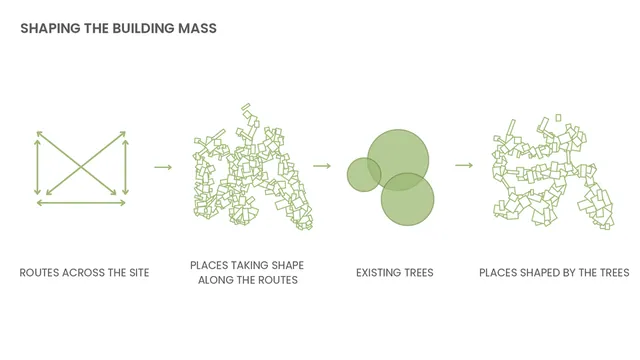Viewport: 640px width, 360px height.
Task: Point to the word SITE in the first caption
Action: pos(139,273)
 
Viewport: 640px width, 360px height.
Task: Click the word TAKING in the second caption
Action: pos(248,265)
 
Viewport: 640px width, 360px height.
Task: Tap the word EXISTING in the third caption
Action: pos(376,273)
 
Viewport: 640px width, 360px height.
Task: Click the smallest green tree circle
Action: pos(364,175)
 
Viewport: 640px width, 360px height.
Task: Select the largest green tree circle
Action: pos(398,160)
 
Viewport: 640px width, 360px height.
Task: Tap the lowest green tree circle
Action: pos(407,199)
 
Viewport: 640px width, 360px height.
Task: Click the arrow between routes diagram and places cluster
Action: pos(163,167)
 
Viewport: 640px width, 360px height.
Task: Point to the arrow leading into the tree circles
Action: pos(322,166)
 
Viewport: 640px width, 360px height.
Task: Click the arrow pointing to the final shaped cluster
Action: pos(464,165)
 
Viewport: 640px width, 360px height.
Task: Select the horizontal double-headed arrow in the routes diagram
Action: pos(81,203)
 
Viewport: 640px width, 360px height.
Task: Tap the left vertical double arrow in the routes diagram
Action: pos(38,167)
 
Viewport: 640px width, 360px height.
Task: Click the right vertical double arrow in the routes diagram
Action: pos(126,167)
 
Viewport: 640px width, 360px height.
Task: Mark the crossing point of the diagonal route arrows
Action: pos(81,167)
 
